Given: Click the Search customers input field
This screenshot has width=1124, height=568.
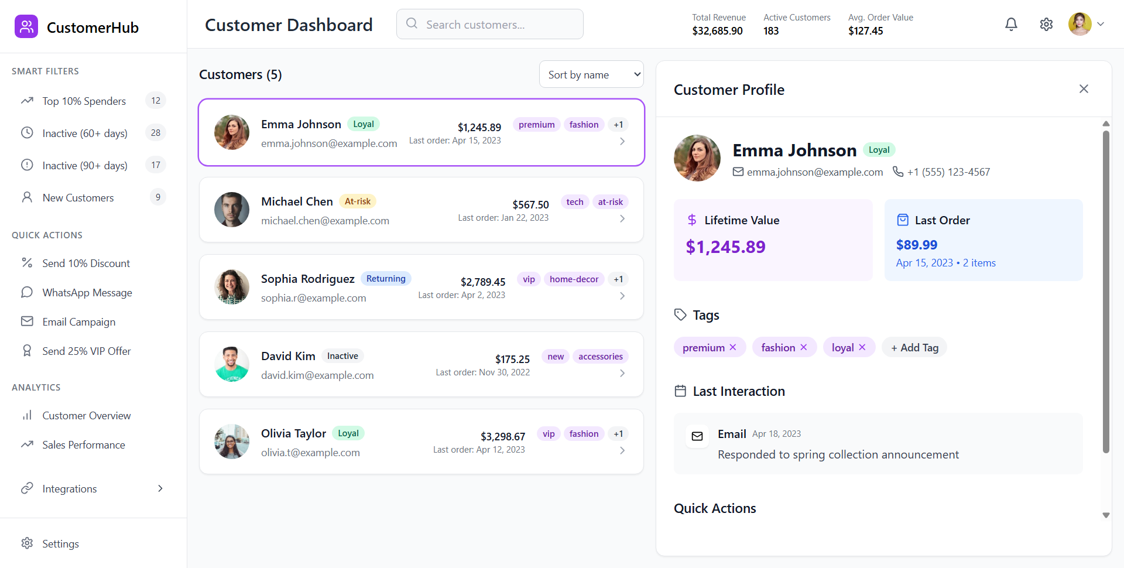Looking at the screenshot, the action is (489, 24).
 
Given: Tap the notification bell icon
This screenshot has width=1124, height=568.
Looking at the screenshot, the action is (1011, 24).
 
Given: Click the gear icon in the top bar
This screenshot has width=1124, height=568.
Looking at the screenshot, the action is (1046, 24).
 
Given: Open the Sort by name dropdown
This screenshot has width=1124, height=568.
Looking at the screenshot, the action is (591, 74).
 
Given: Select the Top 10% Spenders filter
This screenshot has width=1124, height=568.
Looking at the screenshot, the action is (84, 101).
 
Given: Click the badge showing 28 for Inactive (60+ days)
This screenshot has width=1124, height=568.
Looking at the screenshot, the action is (156, 133).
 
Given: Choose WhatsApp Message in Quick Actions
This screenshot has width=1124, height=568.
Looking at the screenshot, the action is (87, 293).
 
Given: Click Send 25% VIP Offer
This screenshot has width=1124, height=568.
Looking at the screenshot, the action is (87, 351).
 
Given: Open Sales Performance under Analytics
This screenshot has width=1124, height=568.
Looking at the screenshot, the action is (84, 445).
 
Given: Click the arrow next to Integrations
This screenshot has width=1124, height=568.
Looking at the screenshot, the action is (160, 488).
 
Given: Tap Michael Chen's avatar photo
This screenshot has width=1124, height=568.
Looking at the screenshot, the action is (232, 210).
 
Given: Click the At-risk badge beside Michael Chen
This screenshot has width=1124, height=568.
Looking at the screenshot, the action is (358, 201).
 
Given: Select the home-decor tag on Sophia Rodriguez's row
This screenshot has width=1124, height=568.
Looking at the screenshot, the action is (574, 279).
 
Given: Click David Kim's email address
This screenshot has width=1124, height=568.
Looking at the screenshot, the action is (317, 375).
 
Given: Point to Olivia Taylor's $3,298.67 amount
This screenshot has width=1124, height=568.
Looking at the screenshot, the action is (503, 436).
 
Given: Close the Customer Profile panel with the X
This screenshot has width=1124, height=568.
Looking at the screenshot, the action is (1084, 89).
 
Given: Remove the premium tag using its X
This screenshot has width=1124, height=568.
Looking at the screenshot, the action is (733, 347).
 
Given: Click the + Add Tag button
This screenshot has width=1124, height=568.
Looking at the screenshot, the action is (914, 347).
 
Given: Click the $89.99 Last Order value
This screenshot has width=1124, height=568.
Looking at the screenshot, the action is (917, 245).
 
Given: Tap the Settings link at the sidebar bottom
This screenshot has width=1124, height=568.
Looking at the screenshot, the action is (60, 544).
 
